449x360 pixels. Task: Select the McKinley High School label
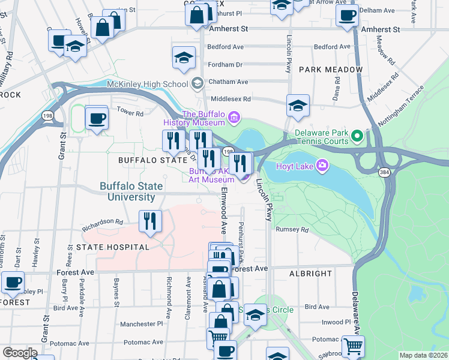click(x=147, y=84)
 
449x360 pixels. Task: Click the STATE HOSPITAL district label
click(x=112, y=247)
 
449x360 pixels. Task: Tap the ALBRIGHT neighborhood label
click(x=310, y=273)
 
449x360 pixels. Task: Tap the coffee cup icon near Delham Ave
click(x=346, y=16)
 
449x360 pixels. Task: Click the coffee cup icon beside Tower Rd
click(x=96, y=117)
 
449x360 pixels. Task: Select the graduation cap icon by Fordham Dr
click(x=184, y=58)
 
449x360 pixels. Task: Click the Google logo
click(x=20, y=353)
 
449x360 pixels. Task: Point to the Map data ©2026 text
click(x=423, y=355)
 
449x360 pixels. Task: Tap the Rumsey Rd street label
click(x=292, y=229)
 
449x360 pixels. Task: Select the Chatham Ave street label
click(x=228, y=82)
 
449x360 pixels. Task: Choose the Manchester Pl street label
click(x=141, y=323)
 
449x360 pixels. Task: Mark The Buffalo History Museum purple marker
click(x=234, y=116)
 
